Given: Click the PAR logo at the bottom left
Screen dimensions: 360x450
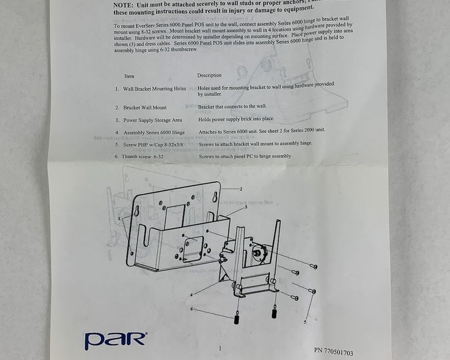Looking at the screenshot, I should pyautogui.click(x=115, y=340).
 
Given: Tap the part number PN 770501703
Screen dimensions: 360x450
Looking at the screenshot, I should pyautogui.click(x=334, y=351).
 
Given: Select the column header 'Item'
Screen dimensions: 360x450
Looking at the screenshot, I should pyautogui.click(x=129, y=76).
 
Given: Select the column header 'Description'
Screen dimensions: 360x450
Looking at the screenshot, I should pyautogui.click(x=209, y=75).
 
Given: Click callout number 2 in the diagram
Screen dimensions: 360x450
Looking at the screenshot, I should pyautogui.click(x=241, y=189).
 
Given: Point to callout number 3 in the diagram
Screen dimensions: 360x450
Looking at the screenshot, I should pyautogui.click(x=246, y=206).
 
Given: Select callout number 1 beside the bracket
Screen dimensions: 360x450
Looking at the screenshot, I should pyautogui.click(x=119, y=219).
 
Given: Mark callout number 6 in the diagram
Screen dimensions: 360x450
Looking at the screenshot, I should pyautogui.click(x=192, y=309).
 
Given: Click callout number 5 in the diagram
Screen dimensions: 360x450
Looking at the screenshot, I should pyautogui.click(x=305, y=323).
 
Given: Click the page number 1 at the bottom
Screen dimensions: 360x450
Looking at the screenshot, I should pyautogui.click(x=220, y=348).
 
